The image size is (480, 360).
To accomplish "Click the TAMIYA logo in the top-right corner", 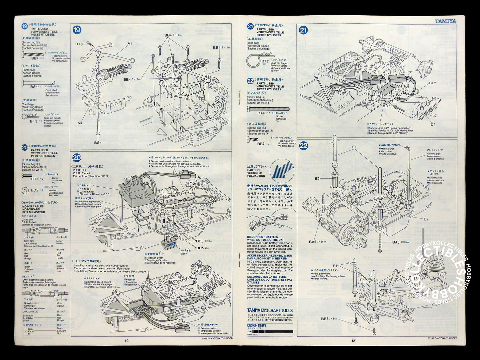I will (445, 21).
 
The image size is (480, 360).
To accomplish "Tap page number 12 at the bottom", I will (126, 340).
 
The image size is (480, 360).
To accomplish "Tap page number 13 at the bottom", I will (353, 341).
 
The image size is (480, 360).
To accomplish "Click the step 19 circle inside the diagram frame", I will (77, 30).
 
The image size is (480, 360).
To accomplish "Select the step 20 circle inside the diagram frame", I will (77, 158).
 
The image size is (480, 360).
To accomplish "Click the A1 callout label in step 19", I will (130, 44).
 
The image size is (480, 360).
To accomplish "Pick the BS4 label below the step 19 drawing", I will (98, 142).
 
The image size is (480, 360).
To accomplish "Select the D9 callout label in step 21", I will (433, 125).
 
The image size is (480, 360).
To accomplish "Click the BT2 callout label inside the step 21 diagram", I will (432, 83).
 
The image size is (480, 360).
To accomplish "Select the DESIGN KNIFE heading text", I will (257, 325).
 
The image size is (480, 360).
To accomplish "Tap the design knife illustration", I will (270, 331).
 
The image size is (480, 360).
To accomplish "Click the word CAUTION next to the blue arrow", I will (253, 170).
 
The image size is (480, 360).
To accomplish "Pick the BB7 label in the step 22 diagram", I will (325, 319).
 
